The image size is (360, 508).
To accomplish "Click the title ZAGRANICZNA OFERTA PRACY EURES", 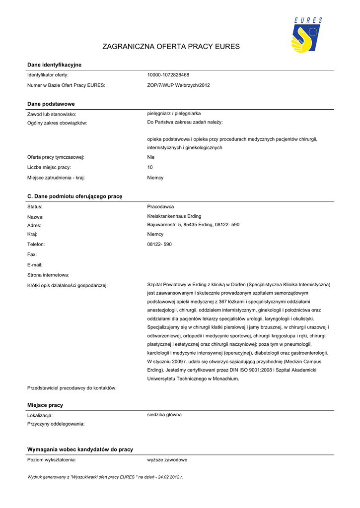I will point(171,47).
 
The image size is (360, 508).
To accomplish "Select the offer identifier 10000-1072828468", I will point(168,75).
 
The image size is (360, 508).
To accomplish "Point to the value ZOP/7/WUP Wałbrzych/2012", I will point(178,85).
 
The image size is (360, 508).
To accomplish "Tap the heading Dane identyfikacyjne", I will point(54,65).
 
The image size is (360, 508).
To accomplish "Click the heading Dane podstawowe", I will point(51,104).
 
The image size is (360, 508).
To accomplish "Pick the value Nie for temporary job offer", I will point(151,157).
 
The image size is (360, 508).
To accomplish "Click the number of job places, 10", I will point(150,168).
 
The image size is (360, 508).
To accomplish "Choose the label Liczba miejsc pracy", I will point(49,168).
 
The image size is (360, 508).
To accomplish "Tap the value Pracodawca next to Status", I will point(160,206).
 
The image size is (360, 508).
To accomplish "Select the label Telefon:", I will point(36,244).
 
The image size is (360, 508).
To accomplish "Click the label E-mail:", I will point(35,264).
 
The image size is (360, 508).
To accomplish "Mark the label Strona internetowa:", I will point(48,274).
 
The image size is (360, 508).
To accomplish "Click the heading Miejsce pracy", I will point(45,405).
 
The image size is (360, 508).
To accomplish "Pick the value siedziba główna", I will point(164,414).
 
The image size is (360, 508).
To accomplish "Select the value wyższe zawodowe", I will point(167,460).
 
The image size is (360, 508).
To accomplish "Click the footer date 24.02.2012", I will point(168,477).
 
